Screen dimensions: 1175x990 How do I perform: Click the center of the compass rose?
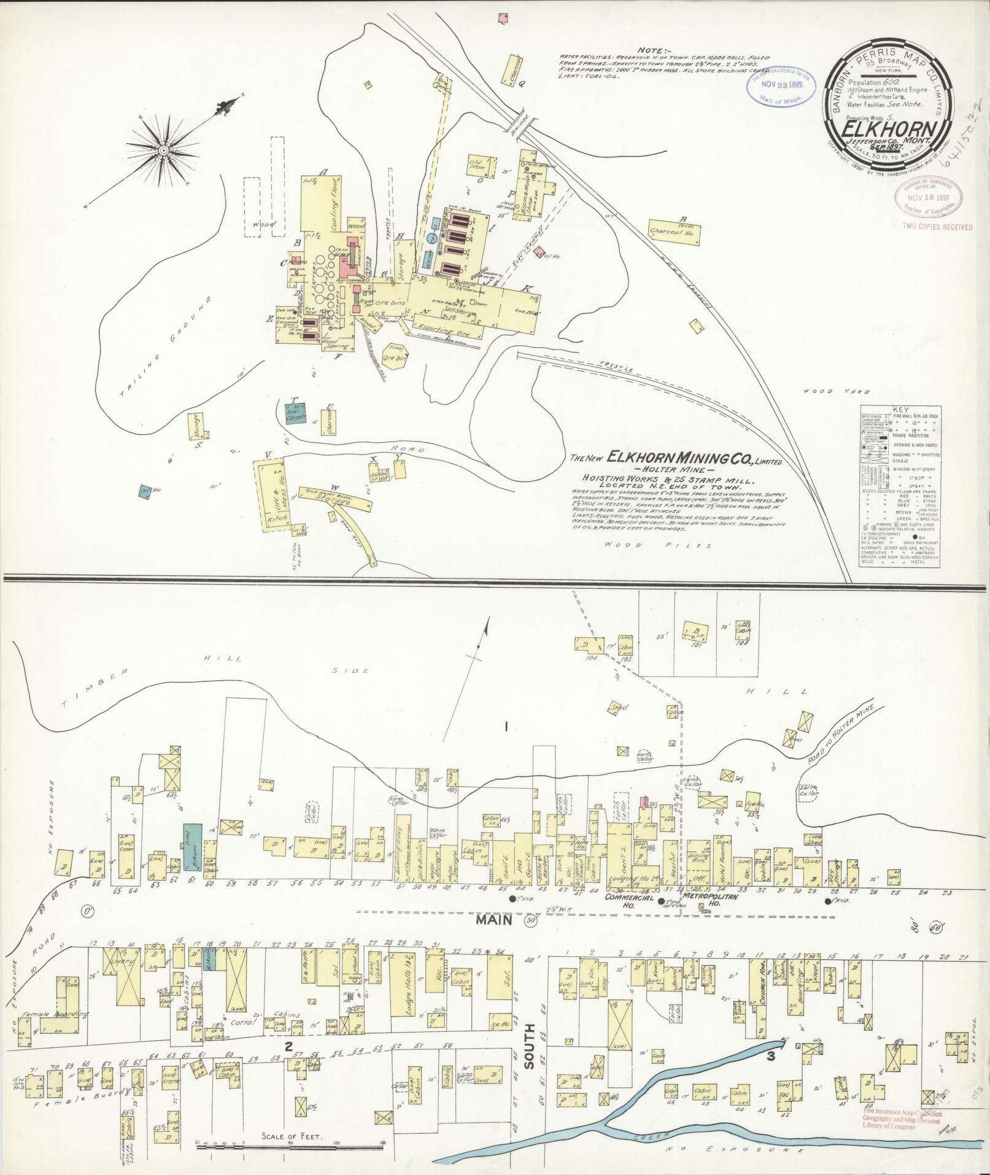tap(164, 150)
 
